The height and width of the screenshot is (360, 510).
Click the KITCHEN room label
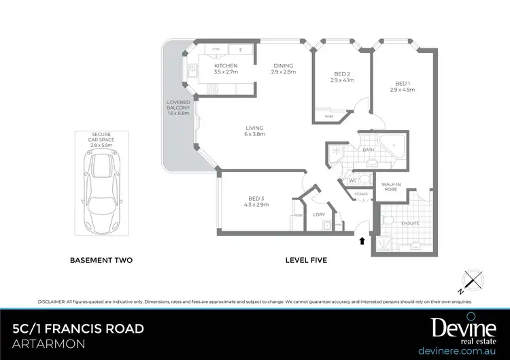tap(226, 66)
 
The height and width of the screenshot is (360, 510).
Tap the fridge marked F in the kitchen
tap(240, 50)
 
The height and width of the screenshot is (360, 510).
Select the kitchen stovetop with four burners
tap(212, 88)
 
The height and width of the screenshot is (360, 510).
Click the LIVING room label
tap(254, 128)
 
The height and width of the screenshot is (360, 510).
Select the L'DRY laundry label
tap(319, 215)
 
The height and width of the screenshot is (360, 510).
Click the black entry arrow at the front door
tap(362, 240)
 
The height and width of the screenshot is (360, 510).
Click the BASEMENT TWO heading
tap(101, 260)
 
